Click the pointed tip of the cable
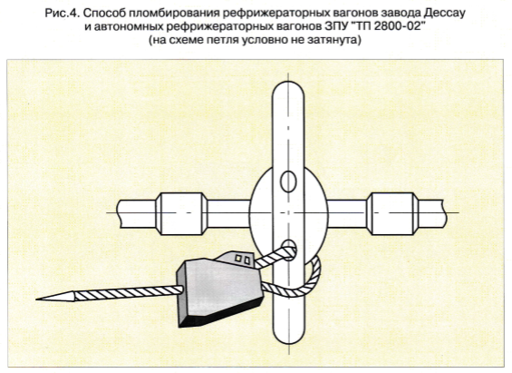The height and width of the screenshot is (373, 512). coord(36,299)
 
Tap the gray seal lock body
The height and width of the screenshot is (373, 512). coord(219,288)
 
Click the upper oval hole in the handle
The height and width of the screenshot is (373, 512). coord(288,182)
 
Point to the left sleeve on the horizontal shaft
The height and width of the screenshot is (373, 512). coord(181,214)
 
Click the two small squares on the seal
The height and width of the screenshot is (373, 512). coord(243,260)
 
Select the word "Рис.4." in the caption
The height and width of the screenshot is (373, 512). coord(63,14)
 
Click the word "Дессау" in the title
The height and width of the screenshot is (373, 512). coord(444,14)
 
